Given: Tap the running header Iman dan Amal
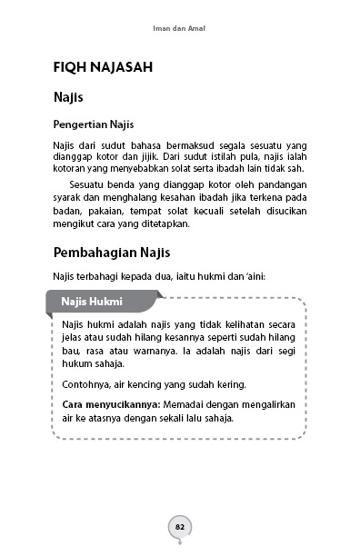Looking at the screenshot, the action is [179, 27].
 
